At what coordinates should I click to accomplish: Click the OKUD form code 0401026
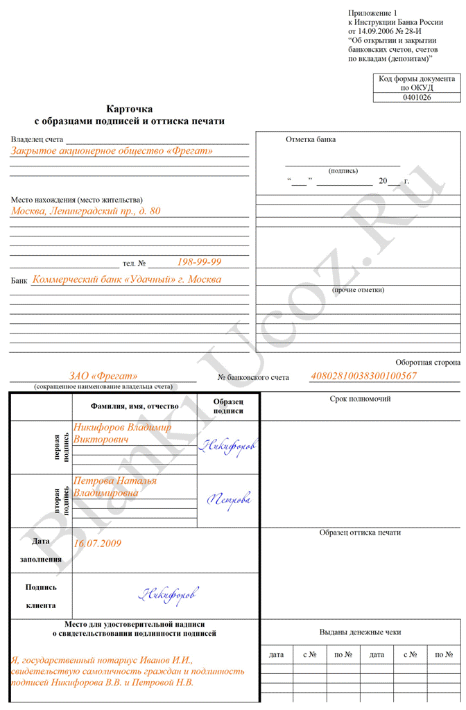click(417, 98)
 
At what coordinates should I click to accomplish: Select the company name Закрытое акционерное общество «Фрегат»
click(112, 150)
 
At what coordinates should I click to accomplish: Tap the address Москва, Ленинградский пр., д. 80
click(85, 211)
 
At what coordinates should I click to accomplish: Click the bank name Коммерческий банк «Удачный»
click(127, 279)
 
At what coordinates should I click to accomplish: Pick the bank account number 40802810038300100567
click(363, 376)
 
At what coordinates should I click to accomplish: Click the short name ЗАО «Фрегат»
click(103, 376)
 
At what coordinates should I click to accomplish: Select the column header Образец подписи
click(228, 406)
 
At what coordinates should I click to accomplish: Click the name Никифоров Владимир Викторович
click(122, 433)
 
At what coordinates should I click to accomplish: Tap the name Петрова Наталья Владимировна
click(115, 487)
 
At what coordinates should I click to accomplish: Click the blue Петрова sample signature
click(230, 498)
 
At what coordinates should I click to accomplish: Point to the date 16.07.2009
click(98, 544)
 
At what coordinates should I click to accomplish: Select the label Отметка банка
click(311, 139)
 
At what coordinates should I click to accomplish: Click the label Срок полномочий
click(360, 399)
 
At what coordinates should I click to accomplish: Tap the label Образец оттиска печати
click(360, 532)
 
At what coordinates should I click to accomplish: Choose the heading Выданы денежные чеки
click(360, 632)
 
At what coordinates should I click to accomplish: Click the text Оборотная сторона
click(428, 362)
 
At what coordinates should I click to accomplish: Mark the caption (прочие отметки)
click(359, 290)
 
